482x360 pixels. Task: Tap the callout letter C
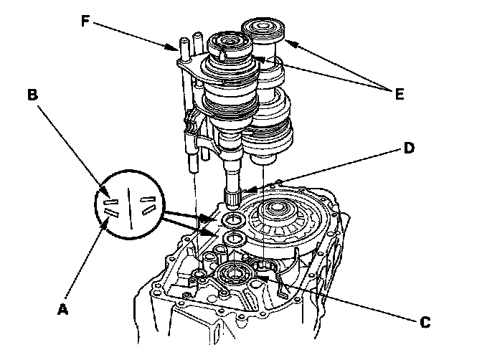click(x=425, y=322)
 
